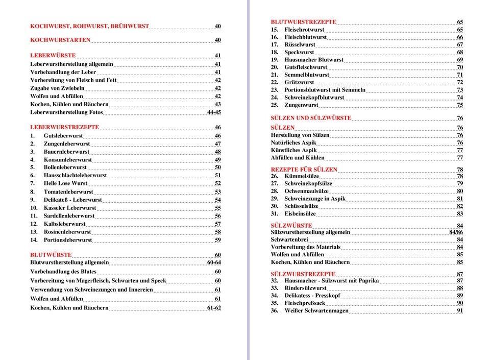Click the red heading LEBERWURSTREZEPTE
(64, 127)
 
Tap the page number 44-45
(214, 112)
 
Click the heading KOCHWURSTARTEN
(60, 40)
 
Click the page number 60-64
(214, 262)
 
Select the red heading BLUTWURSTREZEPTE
(303, 22)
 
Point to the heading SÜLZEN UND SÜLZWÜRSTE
(311, 118)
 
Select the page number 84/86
(456, 232)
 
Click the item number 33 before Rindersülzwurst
(275, 288)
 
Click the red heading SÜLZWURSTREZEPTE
(303, 274)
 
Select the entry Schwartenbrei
(289, 239)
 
